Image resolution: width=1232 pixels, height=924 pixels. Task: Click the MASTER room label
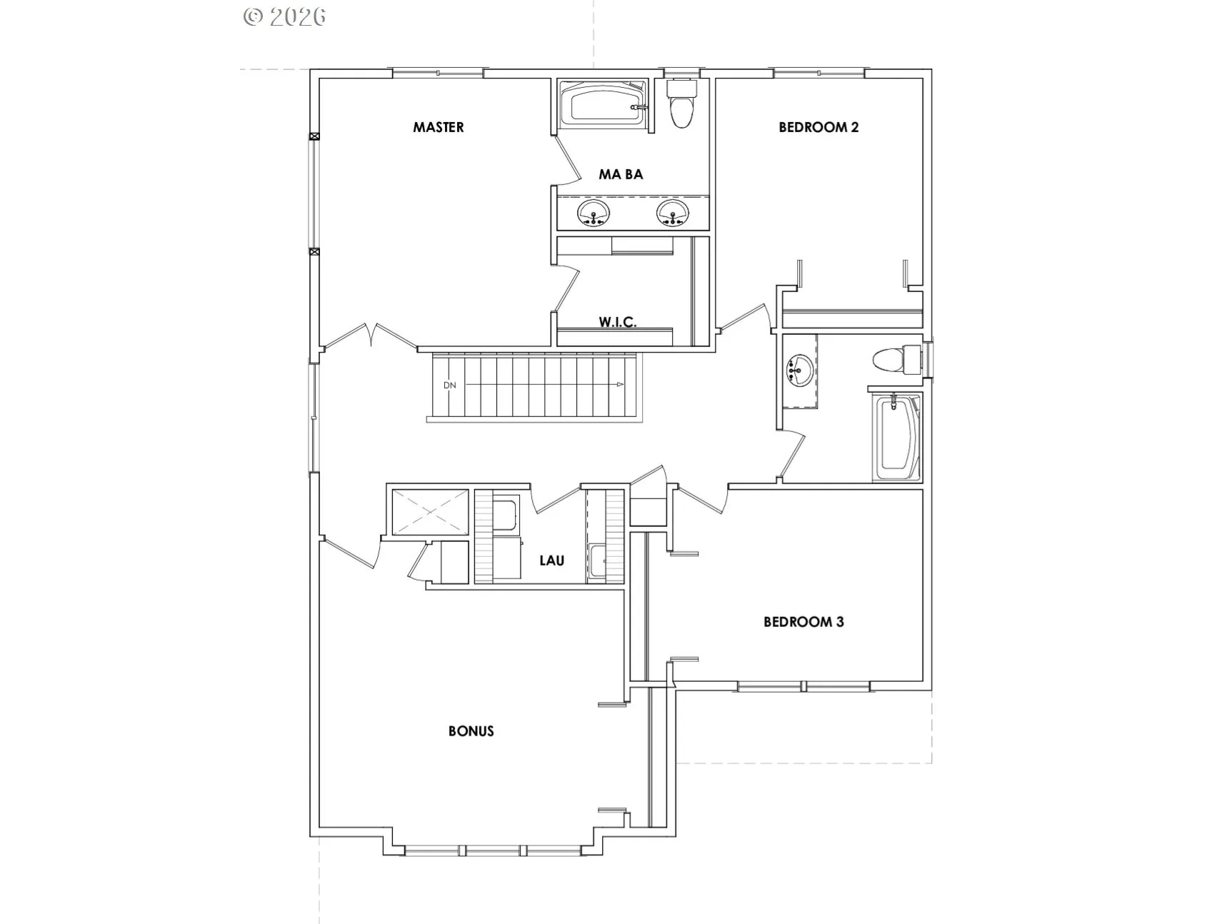pos(439,127)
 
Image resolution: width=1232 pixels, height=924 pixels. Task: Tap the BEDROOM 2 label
pos(818,127)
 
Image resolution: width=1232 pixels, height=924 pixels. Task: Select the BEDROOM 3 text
pos(803,622)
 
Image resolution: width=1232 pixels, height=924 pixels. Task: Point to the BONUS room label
pos(471,731)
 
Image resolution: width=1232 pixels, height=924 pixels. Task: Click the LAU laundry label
pos(552,561)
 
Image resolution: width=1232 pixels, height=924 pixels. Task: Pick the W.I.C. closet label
pos(618,322)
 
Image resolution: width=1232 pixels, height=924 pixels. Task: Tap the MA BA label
pos(621,174)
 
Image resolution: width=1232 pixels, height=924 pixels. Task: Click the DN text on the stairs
pos(449,386)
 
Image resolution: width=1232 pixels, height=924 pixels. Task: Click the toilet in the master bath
pos(681,104)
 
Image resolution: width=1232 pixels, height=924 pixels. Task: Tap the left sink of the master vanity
pos(594,212)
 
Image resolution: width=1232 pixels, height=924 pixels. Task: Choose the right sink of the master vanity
pos(673,212)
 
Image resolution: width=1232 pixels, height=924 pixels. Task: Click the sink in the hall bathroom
pos(799,370)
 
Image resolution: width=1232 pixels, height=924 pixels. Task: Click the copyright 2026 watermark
pos(284,17)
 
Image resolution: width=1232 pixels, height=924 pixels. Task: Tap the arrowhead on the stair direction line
pos(621,385)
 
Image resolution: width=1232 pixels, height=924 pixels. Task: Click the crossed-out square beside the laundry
pos(428,511)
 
